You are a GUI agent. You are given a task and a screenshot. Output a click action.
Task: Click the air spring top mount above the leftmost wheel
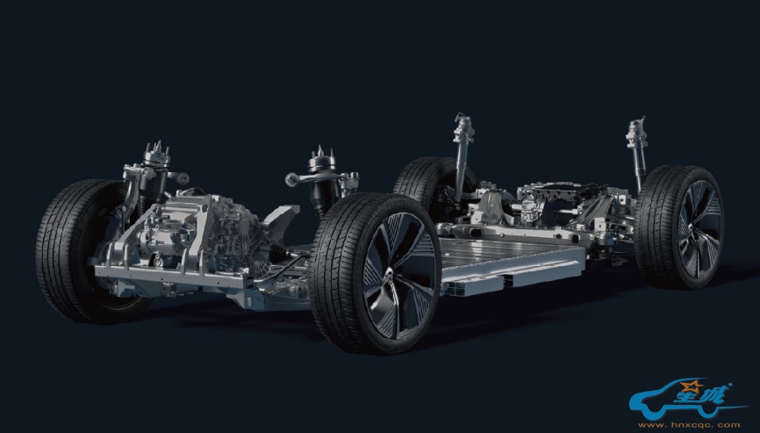pyautogui.click(x=156, y=155)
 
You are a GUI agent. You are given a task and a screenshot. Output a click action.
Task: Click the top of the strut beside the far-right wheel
pyautogui.click(x=636, y=131)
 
